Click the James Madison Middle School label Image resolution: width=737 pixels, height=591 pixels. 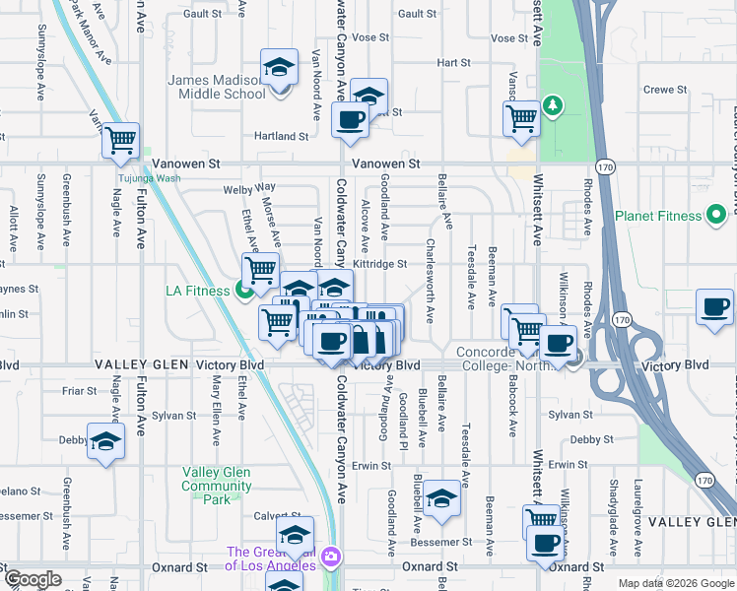coord(217,87)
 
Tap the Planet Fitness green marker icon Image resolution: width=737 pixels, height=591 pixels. coord(716,216)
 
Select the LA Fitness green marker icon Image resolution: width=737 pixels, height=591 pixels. coord(240,290)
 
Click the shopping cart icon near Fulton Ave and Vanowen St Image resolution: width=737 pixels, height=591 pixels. coord(120,141)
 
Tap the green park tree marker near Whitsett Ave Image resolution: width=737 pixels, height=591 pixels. coord(554,105)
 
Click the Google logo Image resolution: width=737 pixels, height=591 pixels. coord(33,579)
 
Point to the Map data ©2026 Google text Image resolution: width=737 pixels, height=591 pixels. coord(675,583)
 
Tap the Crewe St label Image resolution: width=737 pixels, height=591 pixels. coord(664,90)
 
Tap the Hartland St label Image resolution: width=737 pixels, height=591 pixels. coord(282,136)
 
